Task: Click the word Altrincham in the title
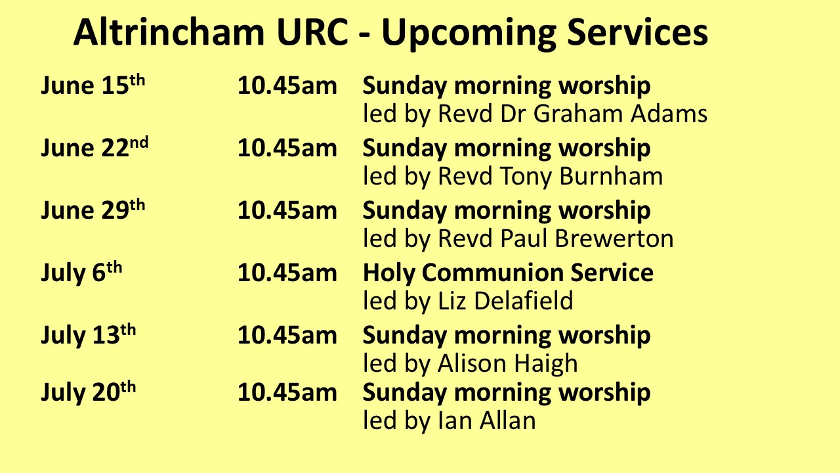(x=169, y=32)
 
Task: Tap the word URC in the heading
(x=312, y=32)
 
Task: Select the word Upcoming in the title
(x=468, y=35)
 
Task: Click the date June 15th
(x=93, y=85)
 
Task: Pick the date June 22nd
(x=94, y=147)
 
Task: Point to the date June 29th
(x=93, y=210)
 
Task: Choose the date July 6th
(x=81, y=272)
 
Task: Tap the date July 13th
(x=88, y=334)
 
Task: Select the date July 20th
(x=88, y=392)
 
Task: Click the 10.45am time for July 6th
(x=287, y=273)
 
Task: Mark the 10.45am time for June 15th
(x=287, y=85)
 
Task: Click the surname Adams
(x=669, y=114)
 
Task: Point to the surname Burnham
(x=611, y=175)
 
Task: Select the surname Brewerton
(x=614, y=238)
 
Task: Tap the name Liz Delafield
(x=505, y=300)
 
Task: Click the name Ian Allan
(x=487, y=420)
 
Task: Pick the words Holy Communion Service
(x=508, y=273)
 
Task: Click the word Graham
(x=577, y=114)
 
